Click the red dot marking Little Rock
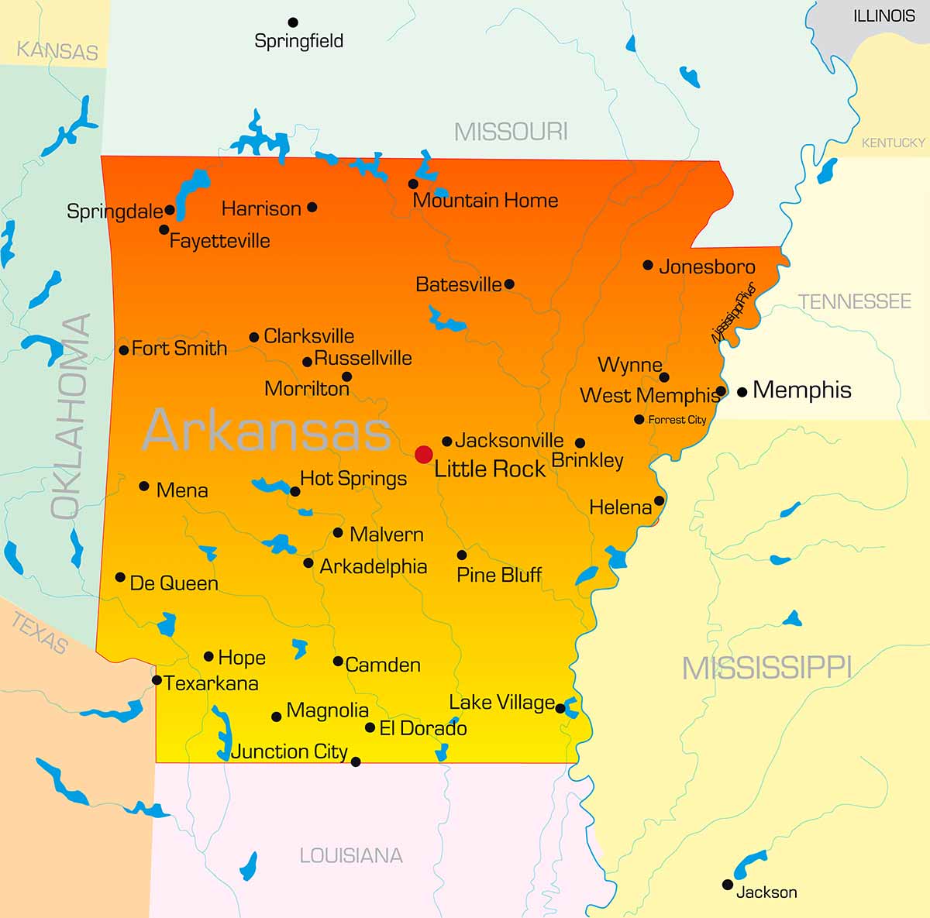click(423, 454)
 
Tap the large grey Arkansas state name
click(266, 431)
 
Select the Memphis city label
click(801, 390)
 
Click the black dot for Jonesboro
click(648, 265)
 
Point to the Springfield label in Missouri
click(298, 41)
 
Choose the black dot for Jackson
click(727, 884)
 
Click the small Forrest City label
click(677, 420)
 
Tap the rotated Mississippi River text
click(733, 314)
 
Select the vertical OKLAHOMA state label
click(71, 416)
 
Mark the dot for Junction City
click(356, 762)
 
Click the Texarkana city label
click(211, 683)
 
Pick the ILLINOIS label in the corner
click(883, 15)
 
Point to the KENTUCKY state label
click(893, 143)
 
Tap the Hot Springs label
click(353, 479)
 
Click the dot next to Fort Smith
click(124, 350)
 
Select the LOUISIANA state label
click(351, 855)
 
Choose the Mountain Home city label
click(485, 201)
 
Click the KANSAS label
click(57, 51)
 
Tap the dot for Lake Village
click(560, 708)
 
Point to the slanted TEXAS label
click(40, 632)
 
